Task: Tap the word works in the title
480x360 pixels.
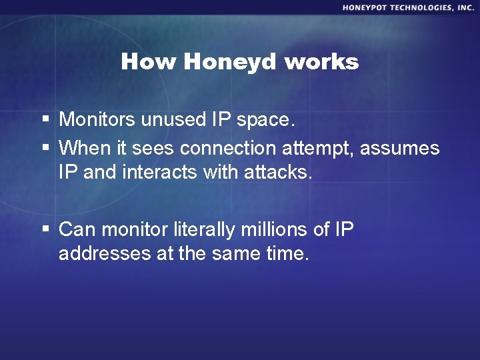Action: click(321, 63)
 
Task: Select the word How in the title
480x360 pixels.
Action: click(149, 63)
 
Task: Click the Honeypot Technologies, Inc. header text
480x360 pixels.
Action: click(409, 7)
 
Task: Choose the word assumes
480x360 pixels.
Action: click(400, 147)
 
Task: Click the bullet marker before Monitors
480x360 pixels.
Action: click(45, 120)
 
